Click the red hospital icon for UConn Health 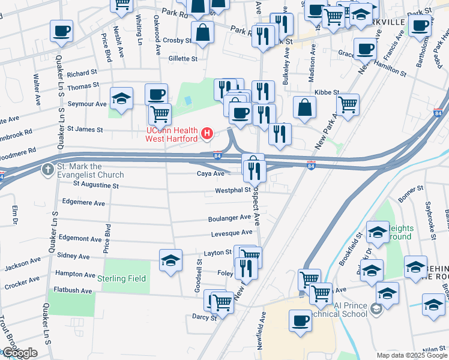tap(207, 133)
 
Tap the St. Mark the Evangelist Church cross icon tap(47, 169)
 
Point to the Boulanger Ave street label tap(229, 218)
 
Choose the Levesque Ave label tap(232, 233)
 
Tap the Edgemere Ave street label tap(84, 202)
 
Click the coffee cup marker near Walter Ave tap(61, 31)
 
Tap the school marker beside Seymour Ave tap(121, 98)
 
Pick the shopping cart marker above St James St tap(159, 113)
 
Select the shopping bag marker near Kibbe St tap(305, 107)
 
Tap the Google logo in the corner tap(19, 353)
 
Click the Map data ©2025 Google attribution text tap(412, 355)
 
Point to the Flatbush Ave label tap(74, 290)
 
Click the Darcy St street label tap(204, 317)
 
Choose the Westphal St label tap(233, 190)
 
